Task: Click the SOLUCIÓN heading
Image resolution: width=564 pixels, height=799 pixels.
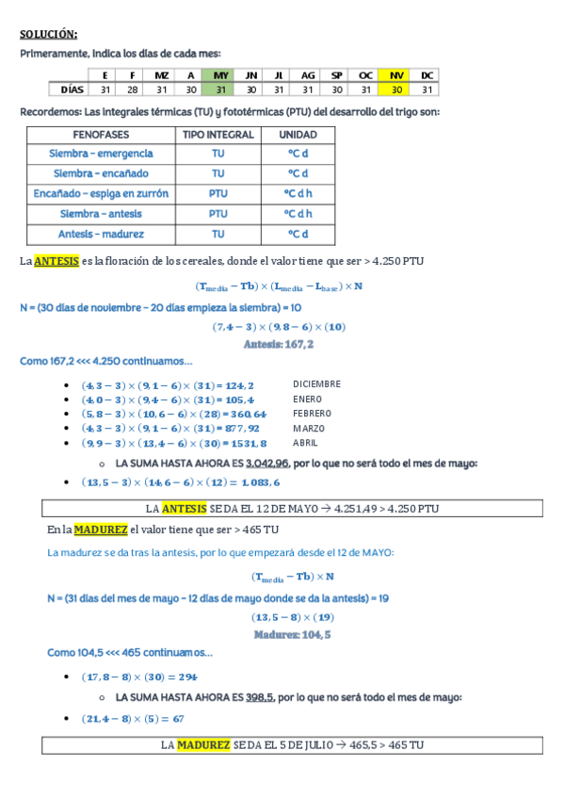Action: (x=49, y=35)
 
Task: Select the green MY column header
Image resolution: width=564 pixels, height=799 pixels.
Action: (x=220, y=74)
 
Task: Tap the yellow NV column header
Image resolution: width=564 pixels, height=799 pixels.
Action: (x=396, y=74)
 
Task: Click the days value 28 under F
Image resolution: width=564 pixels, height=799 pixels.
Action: (x=133, y=90)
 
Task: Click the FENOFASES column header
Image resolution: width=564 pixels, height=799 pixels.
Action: (x=102, y=135)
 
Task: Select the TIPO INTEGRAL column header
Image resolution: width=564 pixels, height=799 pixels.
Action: (x=218, y=135)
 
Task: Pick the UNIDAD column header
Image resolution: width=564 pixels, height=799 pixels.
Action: (x=298, y=135)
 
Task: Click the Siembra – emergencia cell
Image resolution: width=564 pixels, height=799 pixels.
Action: (x=102, y=154)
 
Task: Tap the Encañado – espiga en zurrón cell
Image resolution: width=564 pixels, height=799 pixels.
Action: (x=102, y=194)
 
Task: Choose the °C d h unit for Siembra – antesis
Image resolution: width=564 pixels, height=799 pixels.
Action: (x=298, y=214)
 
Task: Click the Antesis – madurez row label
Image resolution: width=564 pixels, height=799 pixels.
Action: (x=102, y=234)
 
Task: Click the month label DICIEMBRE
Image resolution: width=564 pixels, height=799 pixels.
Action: (x=316, y=384)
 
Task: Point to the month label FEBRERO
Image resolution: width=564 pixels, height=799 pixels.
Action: (x=312, y=414)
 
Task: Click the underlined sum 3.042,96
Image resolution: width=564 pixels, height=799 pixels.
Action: (x=266, y=463)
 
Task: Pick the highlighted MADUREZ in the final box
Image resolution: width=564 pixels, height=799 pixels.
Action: (x=203, y=744)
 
